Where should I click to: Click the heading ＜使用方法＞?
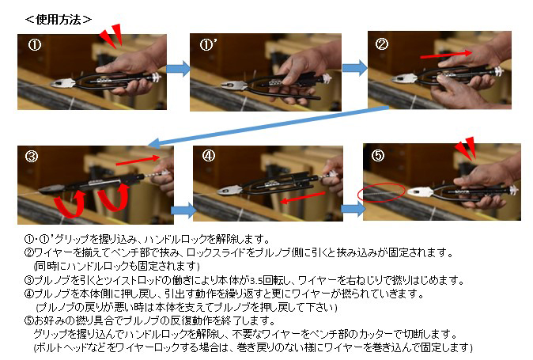click(x=59, y=19)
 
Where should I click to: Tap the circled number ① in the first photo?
click(x=34, y=45)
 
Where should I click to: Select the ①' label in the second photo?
click(x=208, y=44)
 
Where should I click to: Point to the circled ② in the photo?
click(x=381, y=44)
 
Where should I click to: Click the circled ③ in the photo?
click(x=32, y=157)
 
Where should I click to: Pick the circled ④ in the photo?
click(x=208, y=156)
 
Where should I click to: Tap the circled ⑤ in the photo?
click(x=378, y=155)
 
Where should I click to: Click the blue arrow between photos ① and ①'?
click(x=179, y=69)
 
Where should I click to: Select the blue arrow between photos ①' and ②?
click(x=355, y=68)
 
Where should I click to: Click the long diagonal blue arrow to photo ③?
click(x=269, y=126)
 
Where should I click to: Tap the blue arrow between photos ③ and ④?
click(x=183, y=210)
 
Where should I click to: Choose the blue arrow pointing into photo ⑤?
click(x=353, y=209)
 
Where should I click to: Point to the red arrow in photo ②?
click(x=446, y=55)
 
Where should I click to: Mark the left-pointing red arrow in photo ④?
click(x=303, y=198)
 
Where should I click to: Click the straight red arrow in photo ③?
click(x=138, y=160)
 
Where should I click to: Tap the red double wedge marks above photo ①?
click(x=112, y=35)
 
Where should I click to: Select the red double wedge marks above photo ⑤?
click(x=466, y=148)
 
